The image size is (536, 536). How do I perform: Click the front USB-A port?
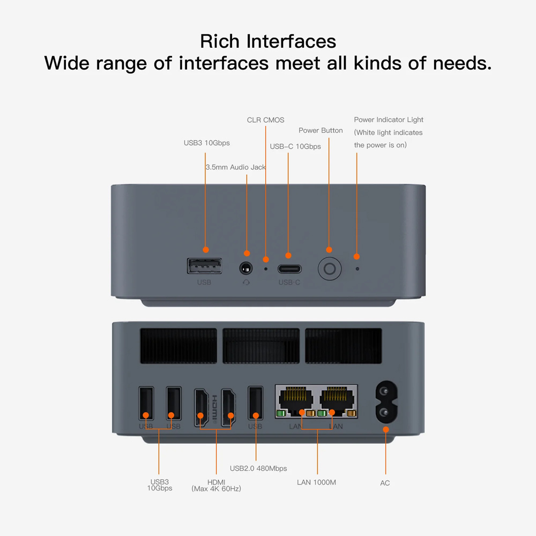(x=204, y=266)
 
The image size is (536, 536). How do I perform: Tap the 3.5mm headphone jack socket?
(x=246, y=269)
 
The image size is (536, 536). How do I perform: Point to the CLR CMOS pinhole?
(x=266, y=269)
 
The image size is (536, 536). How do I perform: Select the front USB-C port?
(x=289, y=269)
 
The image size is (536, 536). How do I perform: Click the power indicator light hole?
(x=358, y=269)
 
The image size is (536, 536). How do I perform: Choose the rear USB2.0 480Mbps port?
(x=256, y=403)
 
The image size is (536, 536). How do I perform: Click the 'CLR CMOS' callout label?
(x=266, y=120)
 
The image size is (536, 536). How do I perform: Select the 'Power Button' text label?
(x=321, y=130)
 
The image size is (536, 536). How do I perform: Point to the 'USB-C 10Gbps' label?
(x=295, y=146)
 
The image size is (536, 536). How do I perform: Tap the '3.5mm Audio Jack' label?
(x=235, y=167)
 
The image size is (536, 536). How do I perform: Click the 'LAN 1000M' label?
(x=317, y=482)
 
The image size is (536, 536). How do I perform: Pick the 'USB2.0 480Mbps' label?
(x=258, y=468)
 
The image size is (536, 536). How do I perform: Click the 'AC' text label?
(x=385, y=483)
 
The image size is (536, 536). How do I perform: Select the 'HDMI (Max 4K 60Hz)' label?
(x=217, y=486)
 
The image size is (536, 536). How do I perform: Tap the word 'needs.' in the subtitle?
(x=463, y=63)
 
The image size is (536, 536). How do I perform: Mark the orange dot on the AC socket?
(x=386, y=430)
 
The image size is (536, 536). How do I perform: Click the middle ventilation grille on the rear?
(x=261, y=346)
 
